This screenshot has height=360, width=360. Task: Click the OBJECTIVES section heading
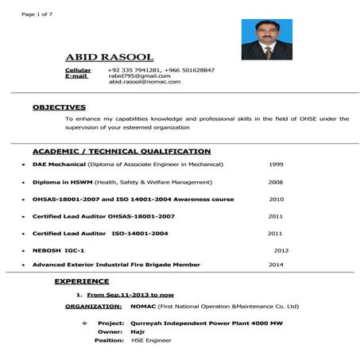(59, 106)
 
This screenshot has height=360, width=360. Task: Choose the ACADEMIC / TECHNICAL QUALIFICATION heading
(122, 151)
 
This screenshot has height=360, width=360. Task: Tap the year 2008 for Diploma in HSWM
(276, 181)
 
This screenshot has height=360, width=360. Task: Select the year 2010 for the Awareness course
(277, 199)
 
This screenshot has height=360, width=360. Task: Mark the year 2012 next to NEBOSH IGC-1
(281, 250)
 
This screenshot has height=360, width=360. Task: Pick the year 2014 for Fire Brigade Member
(276, 264)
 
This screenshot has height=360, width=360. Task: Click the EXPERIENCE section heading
(82, 281)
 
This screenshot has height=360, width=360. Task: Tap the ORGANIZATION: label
(94, 306)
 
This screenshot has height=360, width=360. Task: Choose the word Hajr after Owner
(139, 332)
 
